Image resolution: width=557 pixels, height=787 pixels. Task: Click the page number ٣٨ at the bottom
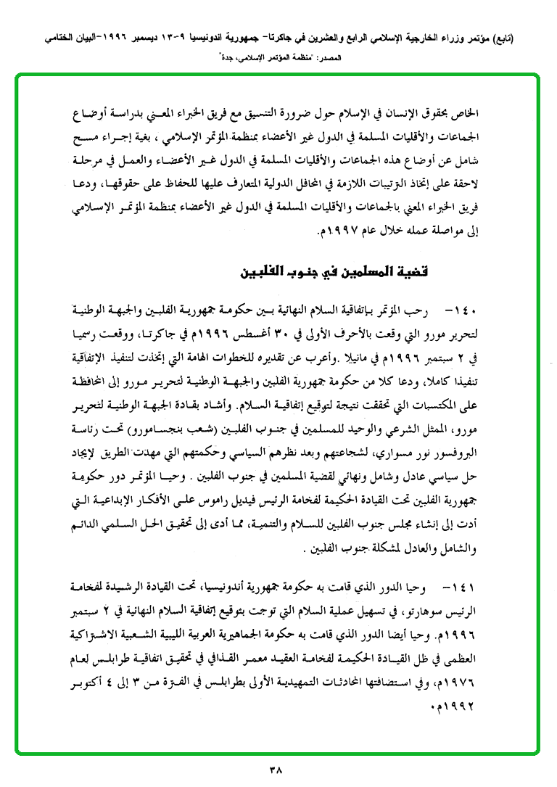(x=278, y=767)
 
